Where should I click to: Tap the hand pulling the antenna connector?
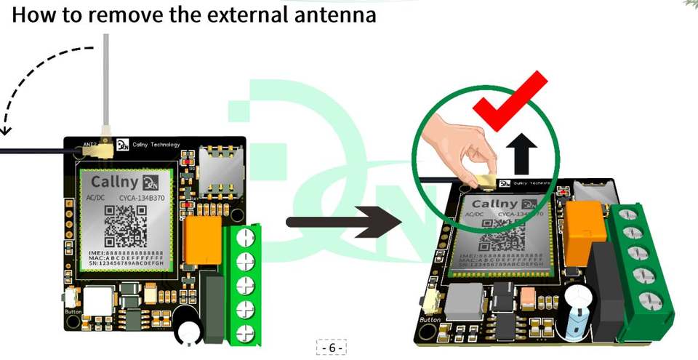454,145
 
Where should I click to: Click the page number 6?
332,348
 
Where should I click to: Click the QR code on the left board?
126,226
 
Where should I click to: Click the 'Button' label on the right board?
430,319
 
